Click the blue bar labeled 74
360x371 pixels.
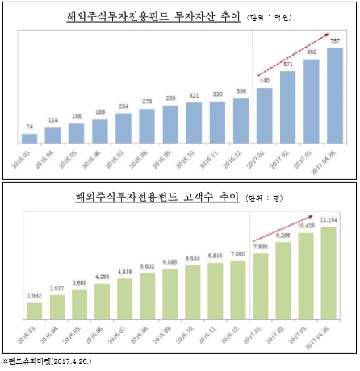tap(29, 138)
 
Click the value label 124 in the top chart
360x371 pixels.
tap(52, 121)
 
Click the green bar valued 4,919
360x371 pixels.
tap(124, 298)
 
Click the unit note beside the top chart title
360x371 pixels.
tap(271, 18)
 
